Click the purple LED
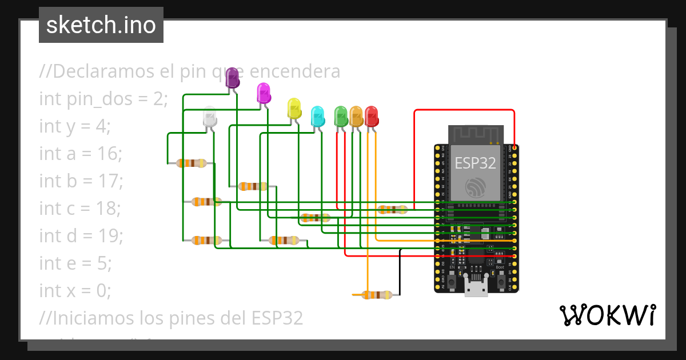pos(233,78)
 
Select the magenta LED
pos(264,93)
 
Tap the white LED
pos(210,117)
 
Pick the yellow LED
pos(294,109)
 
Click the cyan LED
pos(317,116)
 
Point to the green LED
pos(341,116)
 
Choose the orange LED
pos(356,116)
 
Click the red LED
pos(372,116)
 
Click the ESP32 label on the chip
pos(475,163)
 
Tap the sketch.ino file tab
pos(101,25)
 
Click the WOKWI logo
pos(607,315)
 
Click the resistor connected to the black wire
pos(377,295)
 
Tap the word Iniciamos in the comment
pos(94,318)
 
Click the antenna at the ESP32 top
pos(476,134)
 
